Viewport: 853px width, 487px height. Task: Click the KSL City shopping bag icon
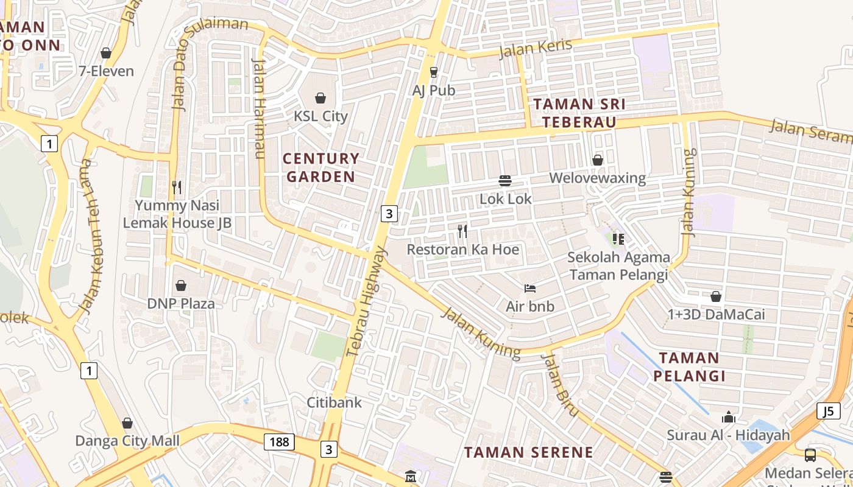click(320, 98)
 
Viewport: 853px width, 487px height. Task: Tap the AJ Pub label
click(434, 91)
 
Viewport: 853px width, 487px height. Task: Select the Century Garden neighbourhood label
click(321, 167)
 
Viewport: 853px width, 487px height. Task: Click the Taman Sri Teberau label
click(579, 113)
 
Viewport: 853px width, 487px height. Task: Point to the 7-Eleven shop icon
click(106, 54)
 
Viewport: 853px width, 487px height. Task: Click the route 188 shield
click(279, 441)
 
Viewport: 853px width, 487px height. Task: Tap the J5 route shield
click(827, 411)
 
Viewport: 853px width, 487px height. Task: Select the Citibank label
click(334, 402)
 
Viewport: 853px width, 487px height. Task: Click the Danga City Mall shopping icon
click(127, 423)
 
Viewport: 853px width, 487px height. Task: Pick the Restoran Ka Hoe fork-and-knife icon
click(462, 231)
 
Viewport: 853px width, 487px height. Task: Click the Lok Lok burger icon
click(504, 181)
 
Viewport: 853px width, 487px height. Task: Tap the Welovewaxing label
click(597, 178)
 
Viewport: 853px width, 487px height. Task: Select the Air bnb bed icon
click(529, 288)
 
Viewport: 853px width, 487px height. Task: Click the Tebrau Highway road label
click(367, 301)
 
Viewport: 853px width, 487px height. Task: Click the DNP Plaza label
click(181, 303)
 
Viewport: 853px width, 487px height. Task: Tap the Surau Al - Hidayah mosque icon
click(728, 418)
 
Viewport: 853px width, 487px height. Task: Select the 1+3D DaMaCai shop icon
click(716, 296)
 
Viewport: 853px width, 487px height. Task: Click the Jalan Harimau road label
click(259, 108)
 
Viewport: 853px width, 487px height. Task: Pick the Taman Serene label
click(528, 452)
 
